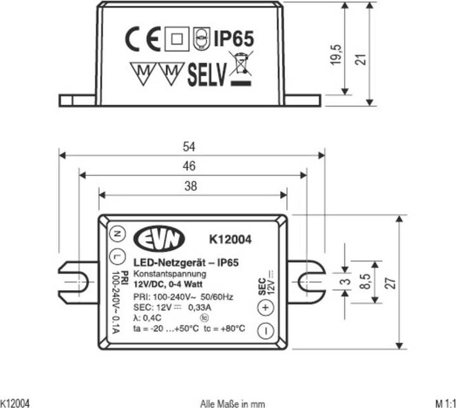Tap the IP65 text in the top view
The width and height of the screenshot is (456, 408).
pyautogui.click(x=233, y=39)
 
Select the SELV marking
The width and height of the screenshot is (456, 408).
pyautogui.click(x=206, y=75)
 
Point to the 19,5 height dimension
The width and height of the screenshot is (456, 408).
pyautogui.click(x=337, y=54)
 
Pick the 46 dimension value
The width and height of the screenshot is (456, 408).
pyautogui.click(x=191, y=167)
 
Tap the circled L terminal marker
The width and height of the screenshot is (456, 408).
pyautogui.click(x=116, y=256)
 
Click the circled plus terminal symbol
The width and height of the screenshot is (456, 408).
pyautogui.click(x=265, y=307)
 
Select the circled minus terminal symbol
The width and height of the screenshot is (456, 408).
pyautogui.click(x=265, y=330)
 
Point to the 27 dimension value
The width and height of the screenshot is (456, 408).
pyautogui.click(x=392, y=283)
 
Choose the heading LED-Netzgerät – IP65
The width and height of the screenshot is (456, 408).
pyautogui.click(x=181, y=263)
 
